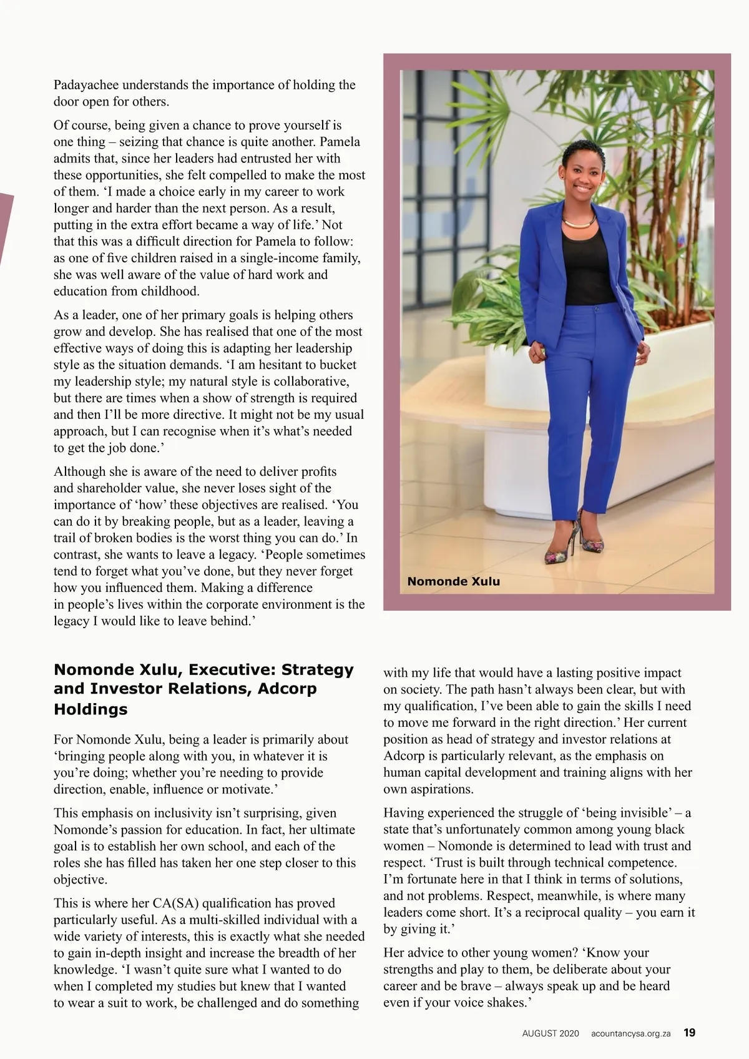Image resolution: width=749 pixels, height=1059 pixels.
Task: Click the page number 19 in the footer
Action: pyautogui.click(x=689, y=1033)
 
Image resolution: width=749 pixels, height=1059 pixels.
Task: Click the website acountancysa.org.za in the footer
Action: pyautogui.click(x=630, y=1033)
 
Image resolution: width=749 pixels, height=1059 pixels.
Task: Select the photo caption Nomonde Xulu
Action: pyautogui.click(x=453, y=581)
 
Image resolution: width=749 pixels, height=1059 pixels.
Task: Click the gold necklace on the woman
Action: pyautogui.click(x=579, y=222)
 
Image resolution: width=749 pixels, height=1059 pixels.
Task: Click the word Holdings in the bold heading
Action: pyautogui.click(x=91, y=709)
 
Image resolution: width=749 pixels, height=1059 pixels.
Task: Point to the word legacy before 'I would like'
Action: pyautogui.click(x=71, y=621)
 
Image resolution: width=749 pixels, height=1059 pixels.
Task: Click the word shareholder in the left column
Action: pyautogui.click(x=115, y=488)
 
